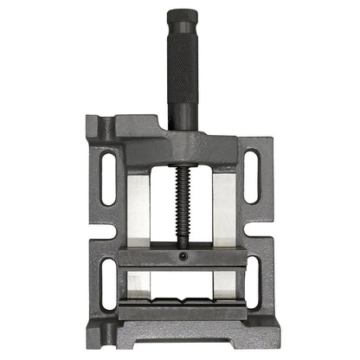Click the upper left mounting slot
[x=109, y=177]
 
